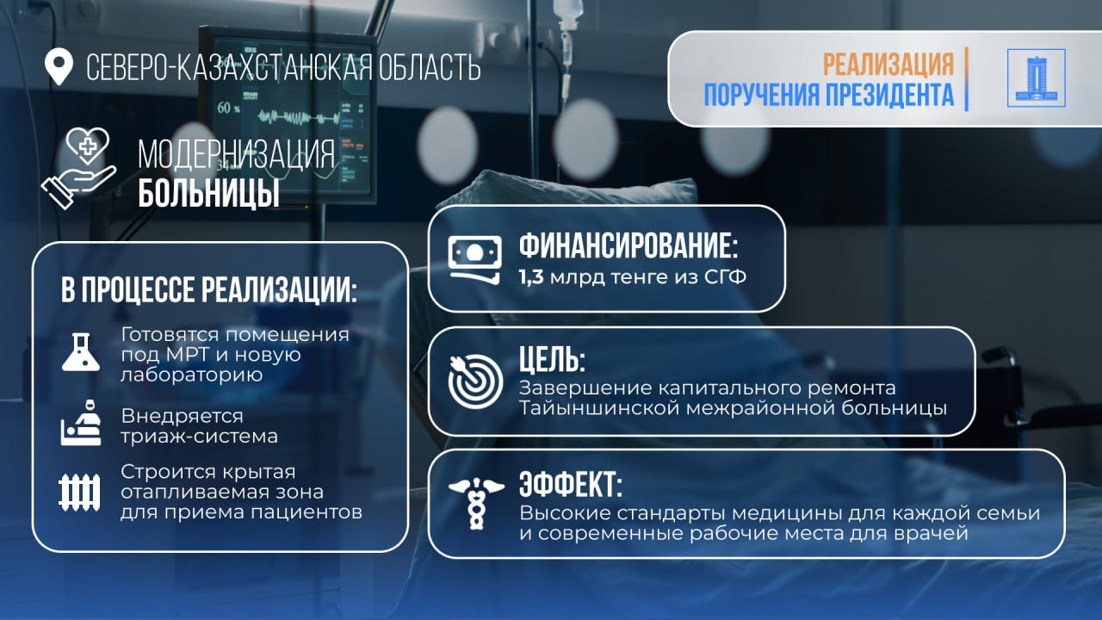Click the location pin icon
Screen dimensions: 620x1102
pos(59,66)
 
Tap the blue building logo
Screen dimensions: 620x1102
pos(1036,78)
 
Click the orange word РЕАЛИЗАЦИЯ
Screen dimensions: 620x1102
pos(888,64)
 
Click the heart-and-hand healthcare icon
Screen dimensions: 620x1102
pos(78,167)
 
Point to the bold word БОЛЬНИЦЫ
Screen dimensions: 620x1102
pos(208,194)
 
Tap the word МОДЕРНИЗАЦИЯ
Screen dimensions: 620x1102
pos(235,155)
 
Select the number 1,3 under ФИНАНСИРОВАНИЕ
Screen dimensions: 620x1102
pos(532,279)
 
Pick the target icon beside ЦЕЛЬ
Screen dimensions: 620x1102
pos(474,379)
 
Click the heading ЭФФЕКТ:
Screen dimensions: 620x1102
pos(570,485)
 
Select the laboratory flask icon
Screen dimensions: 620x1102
pos(81,351)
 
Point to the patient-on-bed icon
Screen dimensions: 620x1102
pos(81,424)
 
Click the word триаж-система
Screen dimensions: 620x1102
pos(199,436)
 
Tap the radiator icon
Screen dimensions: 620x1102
pos(79,492)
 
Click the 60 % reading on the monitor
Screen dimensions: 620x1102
pos(228,108)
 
